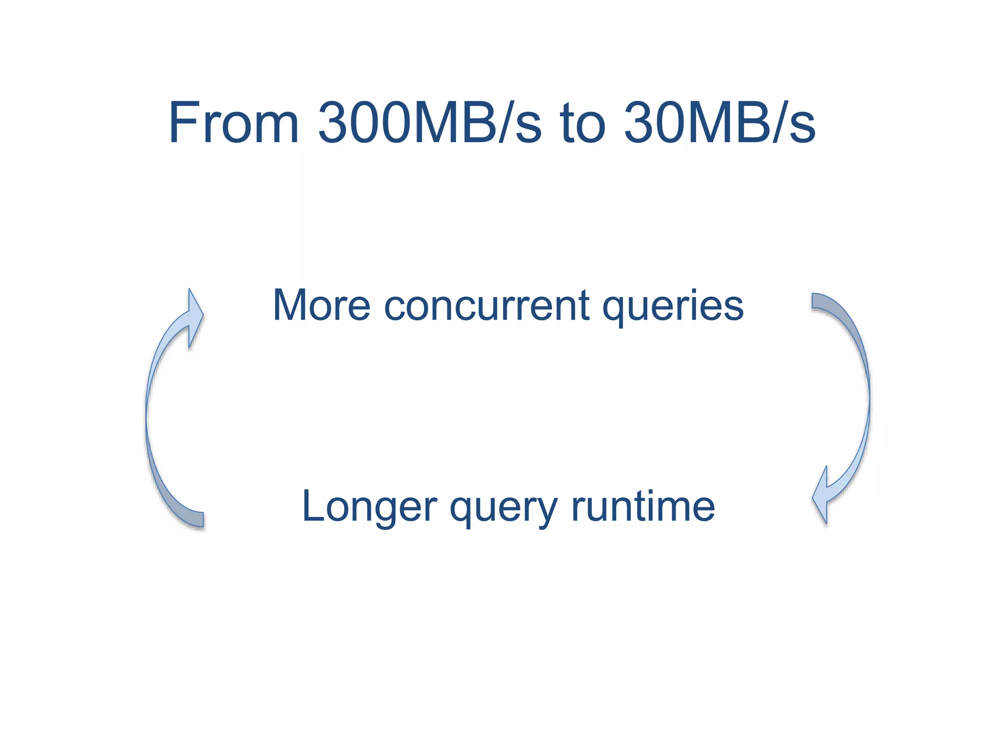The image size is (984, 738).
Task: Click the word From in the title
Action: (x=234, y=123)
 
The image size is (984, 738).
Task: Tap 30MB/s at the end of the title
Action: (x=719, y=123)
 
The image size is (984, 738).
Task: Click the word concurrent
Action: (x=486, y=306)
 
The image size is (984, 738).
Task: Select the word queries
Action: (x=673, y=307)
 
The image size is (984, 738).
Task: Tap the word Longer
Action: (x=369, y=507)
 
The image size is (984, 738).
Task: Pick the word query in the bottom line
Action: (x=503, y=508)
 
